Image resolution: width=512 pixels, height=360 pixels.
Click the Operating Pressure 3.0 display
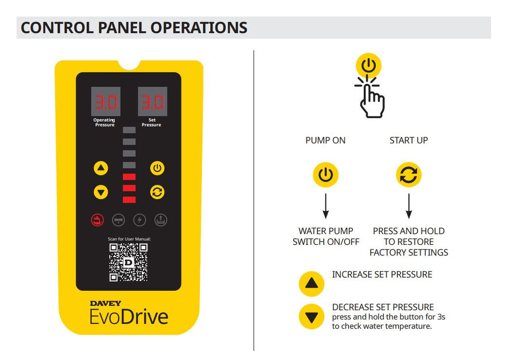[106, 102]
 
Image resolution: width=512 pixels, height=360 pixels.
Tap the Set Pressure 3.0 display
[152, 102]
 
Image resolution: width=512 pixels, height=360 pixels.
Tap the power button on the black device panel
[157, 168]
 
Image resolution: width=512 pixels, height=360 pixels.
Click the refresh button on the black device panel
[157, 192]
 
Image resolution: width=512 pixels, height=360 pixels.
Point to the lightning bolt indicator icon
[139, 220]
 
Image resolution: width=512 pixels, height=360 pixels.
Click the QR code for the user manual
[129, 262]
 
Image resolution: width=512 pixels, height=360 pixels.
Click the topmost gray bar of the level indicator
[129, 130]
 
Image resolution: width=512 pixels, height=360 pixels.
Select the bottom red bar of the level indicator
[129, 200]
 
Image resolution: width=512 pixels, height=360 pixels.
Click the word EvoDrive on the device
[129, 315]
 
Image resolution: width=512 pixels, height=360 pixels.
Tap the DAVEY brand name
[106, 303]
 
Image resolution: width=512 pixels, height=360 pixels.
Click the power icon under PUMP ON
[325, 175]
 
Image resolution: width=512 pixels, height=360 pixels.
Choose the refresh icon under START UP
[409, 175]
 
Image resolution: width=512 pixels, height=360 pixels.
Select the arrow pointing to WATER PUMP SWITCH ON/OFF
[325, 206]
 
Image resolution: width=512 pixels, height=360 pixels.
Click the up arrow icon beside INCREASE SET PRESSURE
[312, 283]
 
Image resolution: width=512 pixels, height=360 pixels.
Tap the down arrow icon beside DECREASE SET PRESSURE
[312, 317]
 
